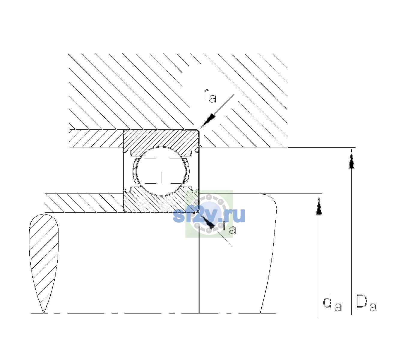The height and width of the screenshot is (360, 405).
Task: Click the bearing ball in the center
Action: pos(161,171)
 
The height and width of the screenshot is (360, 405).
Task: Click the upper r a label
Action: pos(209,96)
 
